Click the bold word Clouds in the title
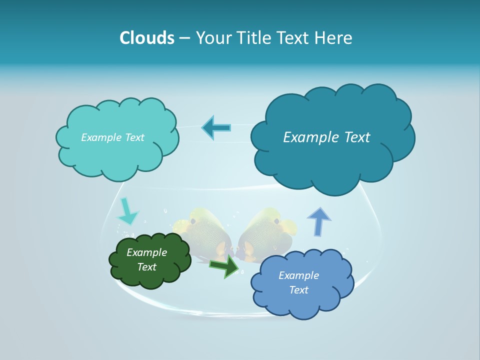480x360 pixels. click(x=146, y=38)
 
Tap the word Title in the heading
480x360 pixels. click(x=253, y=38)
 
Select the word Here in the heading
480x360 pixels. click(x=333, y=38)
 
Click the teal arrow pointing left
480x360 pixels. click(x=216, y=127)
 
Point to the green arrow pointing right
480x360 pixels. click(x=224, y=266)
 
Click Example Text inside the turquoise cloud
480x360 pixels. click(x=112, y=137)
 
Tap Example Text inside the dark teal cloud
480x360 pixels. click(x=326, y=137)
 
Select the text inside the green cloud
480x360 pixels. click(x=147, y=260)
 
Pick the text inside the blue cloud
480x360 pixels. click(x=298, y=282)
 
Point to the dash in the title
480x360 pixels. click(x=184, y=38)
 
